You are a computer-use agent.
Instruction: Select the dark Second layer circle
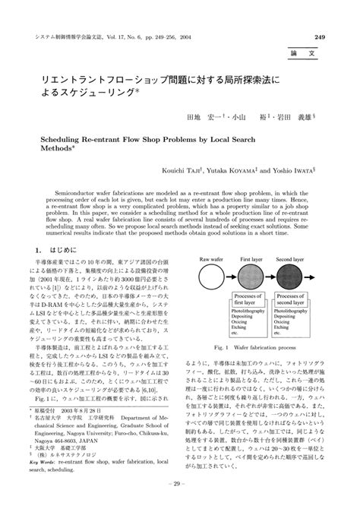[x=293, y=275]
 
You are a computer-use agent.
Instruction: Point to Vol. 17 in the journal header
[x=125, y=36]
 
